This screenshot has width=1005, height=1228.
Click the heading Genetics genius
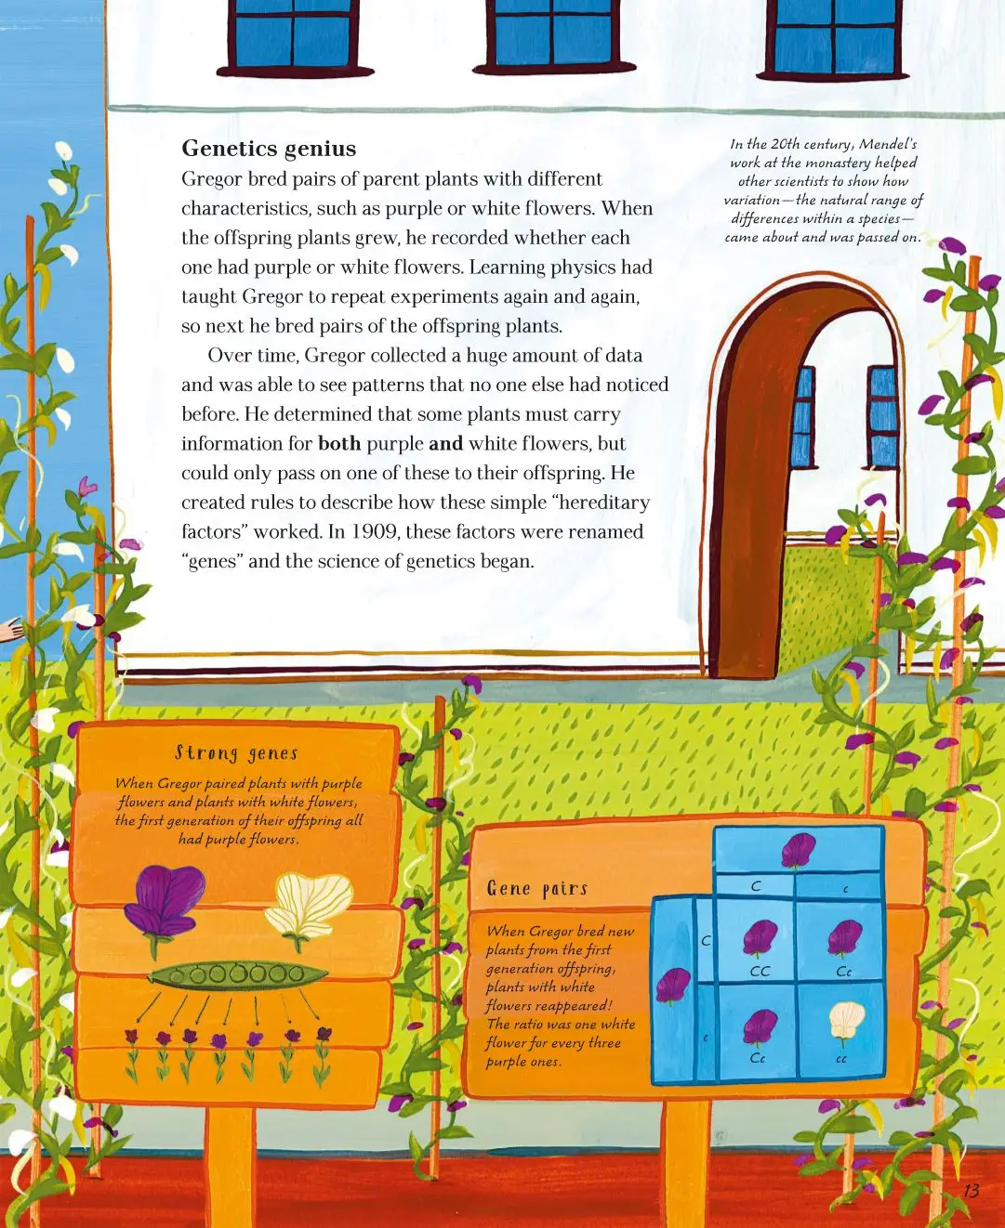[269, 149]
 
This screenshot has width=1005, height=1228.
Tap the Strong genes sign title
[237, 752]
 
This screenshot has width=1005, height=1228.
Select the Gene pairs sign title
[537, 889]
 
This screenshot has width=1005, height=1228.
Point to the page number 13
[971, 1191]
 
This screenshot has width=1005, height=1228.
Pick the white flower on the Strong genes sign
[309, 906]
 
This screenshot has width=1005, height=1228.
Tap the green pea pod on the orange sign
[238, 974]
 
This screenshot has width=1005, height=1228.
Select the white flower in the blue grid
[845, 1022]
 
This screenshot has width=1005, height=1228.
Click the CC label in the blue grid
[760, 972]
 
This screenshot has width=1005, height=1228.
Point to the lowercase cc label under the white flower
[841, 1059]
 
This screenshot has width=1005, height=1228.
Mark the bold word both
[339, 444]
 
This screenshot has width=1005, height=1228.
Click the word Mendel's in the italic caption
[888, 144]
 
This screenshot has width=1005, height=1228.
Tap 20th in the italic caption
[786, 144]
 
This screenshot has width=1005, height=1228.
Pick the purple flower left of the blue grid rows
[673, 985]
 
